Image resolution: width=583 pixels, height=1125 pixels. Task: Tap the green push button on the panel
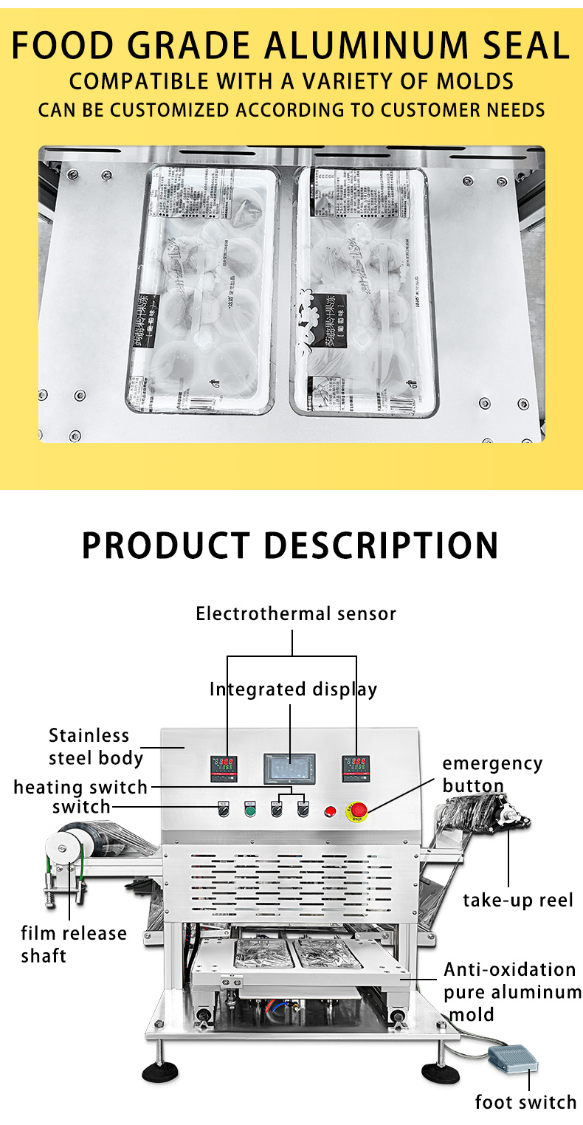click(x=249, y=811)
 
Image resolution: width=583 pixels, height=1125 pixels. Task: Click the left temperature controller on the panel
click(x=224, y=769)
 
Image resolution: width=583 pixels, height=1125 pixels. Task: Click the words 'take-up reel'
click(x=517, y=900)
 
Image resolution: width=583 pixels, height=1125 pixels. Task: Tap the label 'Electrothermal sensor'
click(x=295, y=613)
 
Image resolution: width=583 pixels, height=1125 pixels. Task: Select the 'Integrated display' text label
click(x=293, y=689)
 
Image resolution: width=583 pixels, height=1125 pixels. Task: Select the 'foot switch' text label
click(x=525, y=1102)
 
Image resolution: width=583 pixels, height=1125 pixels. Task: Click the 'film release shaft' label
click(x=73, y=944)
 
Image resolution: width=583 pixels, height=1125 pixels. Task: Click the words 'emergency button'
click(x=491, y=774)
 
